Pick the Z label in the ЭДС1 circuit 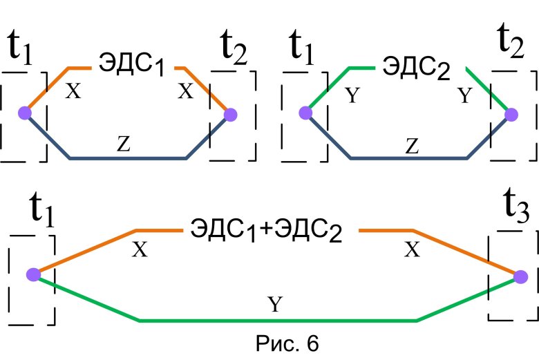click(x=123, y=144)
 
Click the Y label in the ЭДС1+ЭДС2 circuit click(x=274, y=305)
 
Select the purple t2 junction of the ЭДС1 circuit click(x=230, y=113)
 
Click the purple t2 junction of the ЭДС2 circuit click(x=511, y=114)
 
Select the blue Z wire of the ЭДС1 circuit click(x=128, y=158)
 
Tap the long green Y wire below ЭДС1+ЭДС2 click(x=276, y=320)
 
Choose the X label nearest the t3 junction click(x=412, y=251)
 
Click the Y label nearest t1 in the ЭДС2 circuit click(x=352, y=95)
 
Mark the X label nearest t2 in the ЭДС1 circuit click(x=185, y=93)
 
